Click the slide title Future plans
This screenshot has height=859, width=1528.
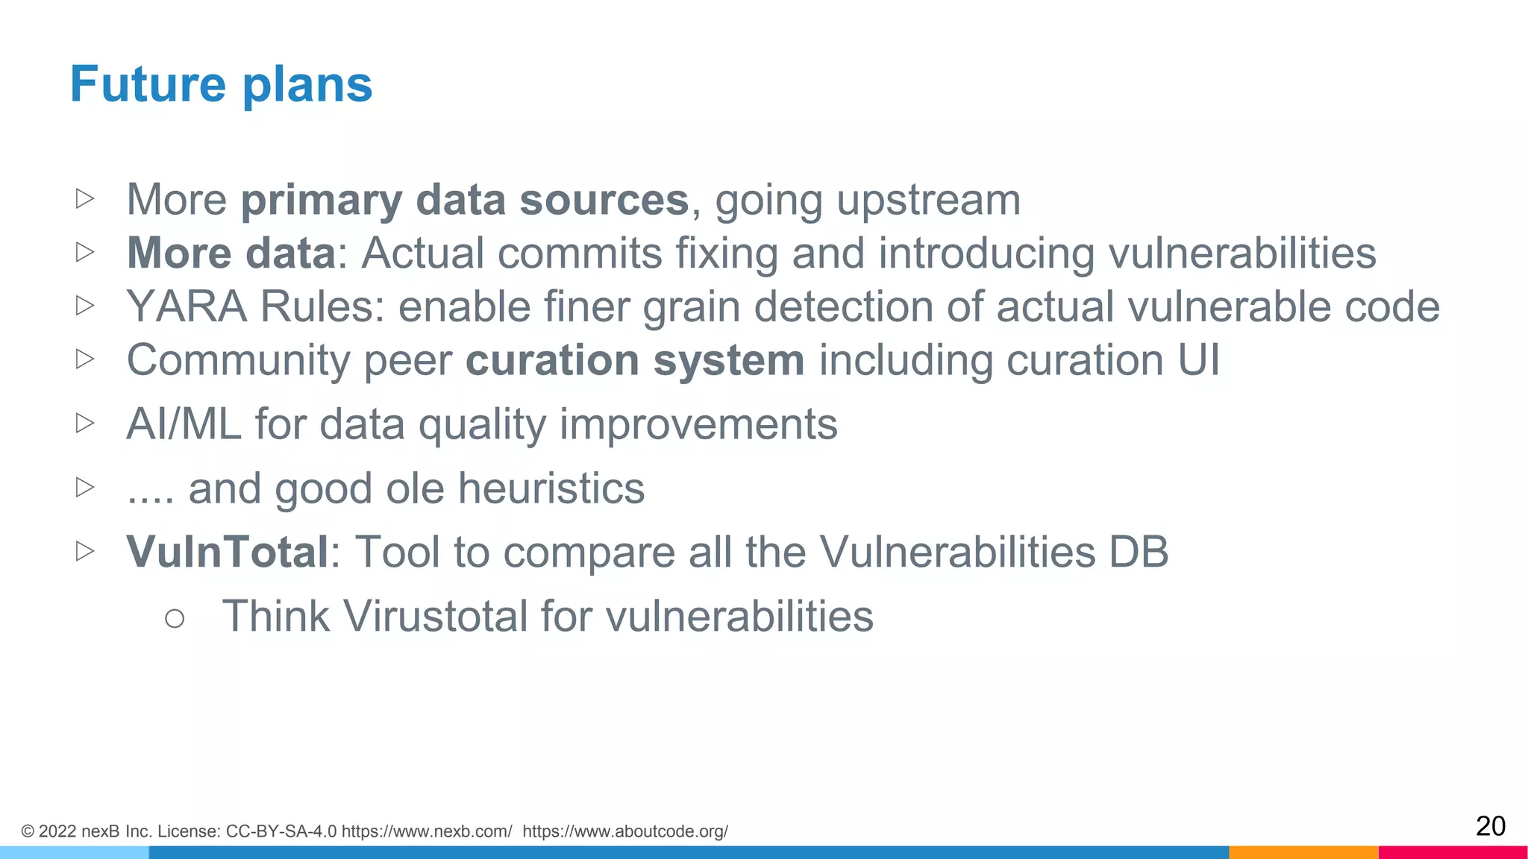(221, 84)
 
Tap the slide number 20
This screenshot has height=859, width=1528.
(1490, 826)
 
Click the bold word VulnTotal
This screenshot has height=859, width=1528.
(228, 553)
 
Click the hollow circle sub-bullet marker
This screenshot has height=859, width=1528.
(175, 618)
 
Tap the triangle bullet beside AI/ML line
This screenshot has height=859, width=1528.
(85, 424)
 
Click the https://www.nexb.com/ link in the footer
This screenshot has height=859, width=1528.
(427, 831)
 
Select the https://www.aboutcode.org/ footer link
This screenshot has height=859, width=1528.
(625, 831)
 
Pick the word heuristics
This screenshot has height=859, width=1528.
(551, 488)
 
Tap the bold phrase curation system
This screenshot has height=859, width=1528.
(635, 361)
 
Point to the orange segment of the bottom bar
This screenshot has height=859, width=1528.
(1303, 852)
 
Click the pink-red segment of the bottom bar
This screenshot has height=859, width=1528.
(1453, 852)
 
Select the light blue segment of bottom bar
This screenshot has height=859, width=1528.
(74, 852)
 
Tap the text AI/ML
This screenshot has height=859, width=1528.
(184, 424)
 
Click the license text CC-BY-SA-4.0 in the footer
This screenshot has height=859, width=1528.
(281, 831)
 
